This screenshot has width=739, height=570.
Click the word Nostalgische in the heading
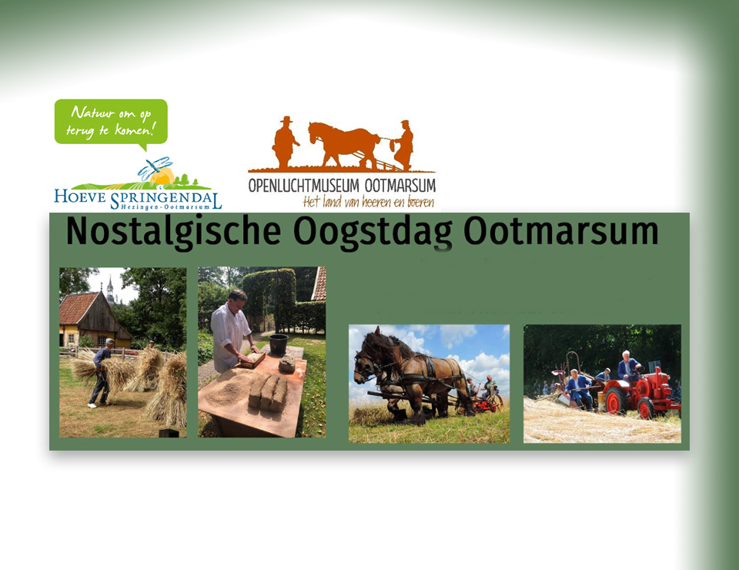coord(173,232)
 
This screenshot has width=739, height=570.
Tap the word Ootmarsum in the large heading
coord(561,231)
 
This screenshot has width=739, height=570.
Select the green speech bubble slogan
coord(111,122)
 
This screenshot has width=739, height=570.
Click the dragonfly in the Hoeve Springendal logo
coord(155,167)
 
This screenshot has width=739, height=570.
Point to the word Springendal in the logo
coord(166,198)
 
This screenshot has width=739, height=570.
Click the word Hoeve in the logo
coord(80,196)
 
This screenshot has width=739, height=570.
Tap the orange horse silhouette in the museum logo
coord(344,143)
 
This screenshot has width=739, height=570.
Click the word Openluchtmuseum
coord(303,186)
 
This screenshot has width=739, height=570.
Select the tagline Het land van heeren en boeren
coord(368,203)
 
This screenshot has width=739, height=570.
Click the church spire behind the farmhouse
coord(110,289)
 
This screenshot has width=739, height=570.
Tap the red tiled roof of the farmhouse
coord(77,308)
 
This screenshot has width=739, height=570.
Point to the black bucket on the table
coord(279,344)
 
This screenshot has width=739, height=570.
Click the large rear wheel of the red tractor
coord(616,401)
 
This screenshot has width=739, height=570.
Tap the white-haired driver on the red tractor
coord(628,366)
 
